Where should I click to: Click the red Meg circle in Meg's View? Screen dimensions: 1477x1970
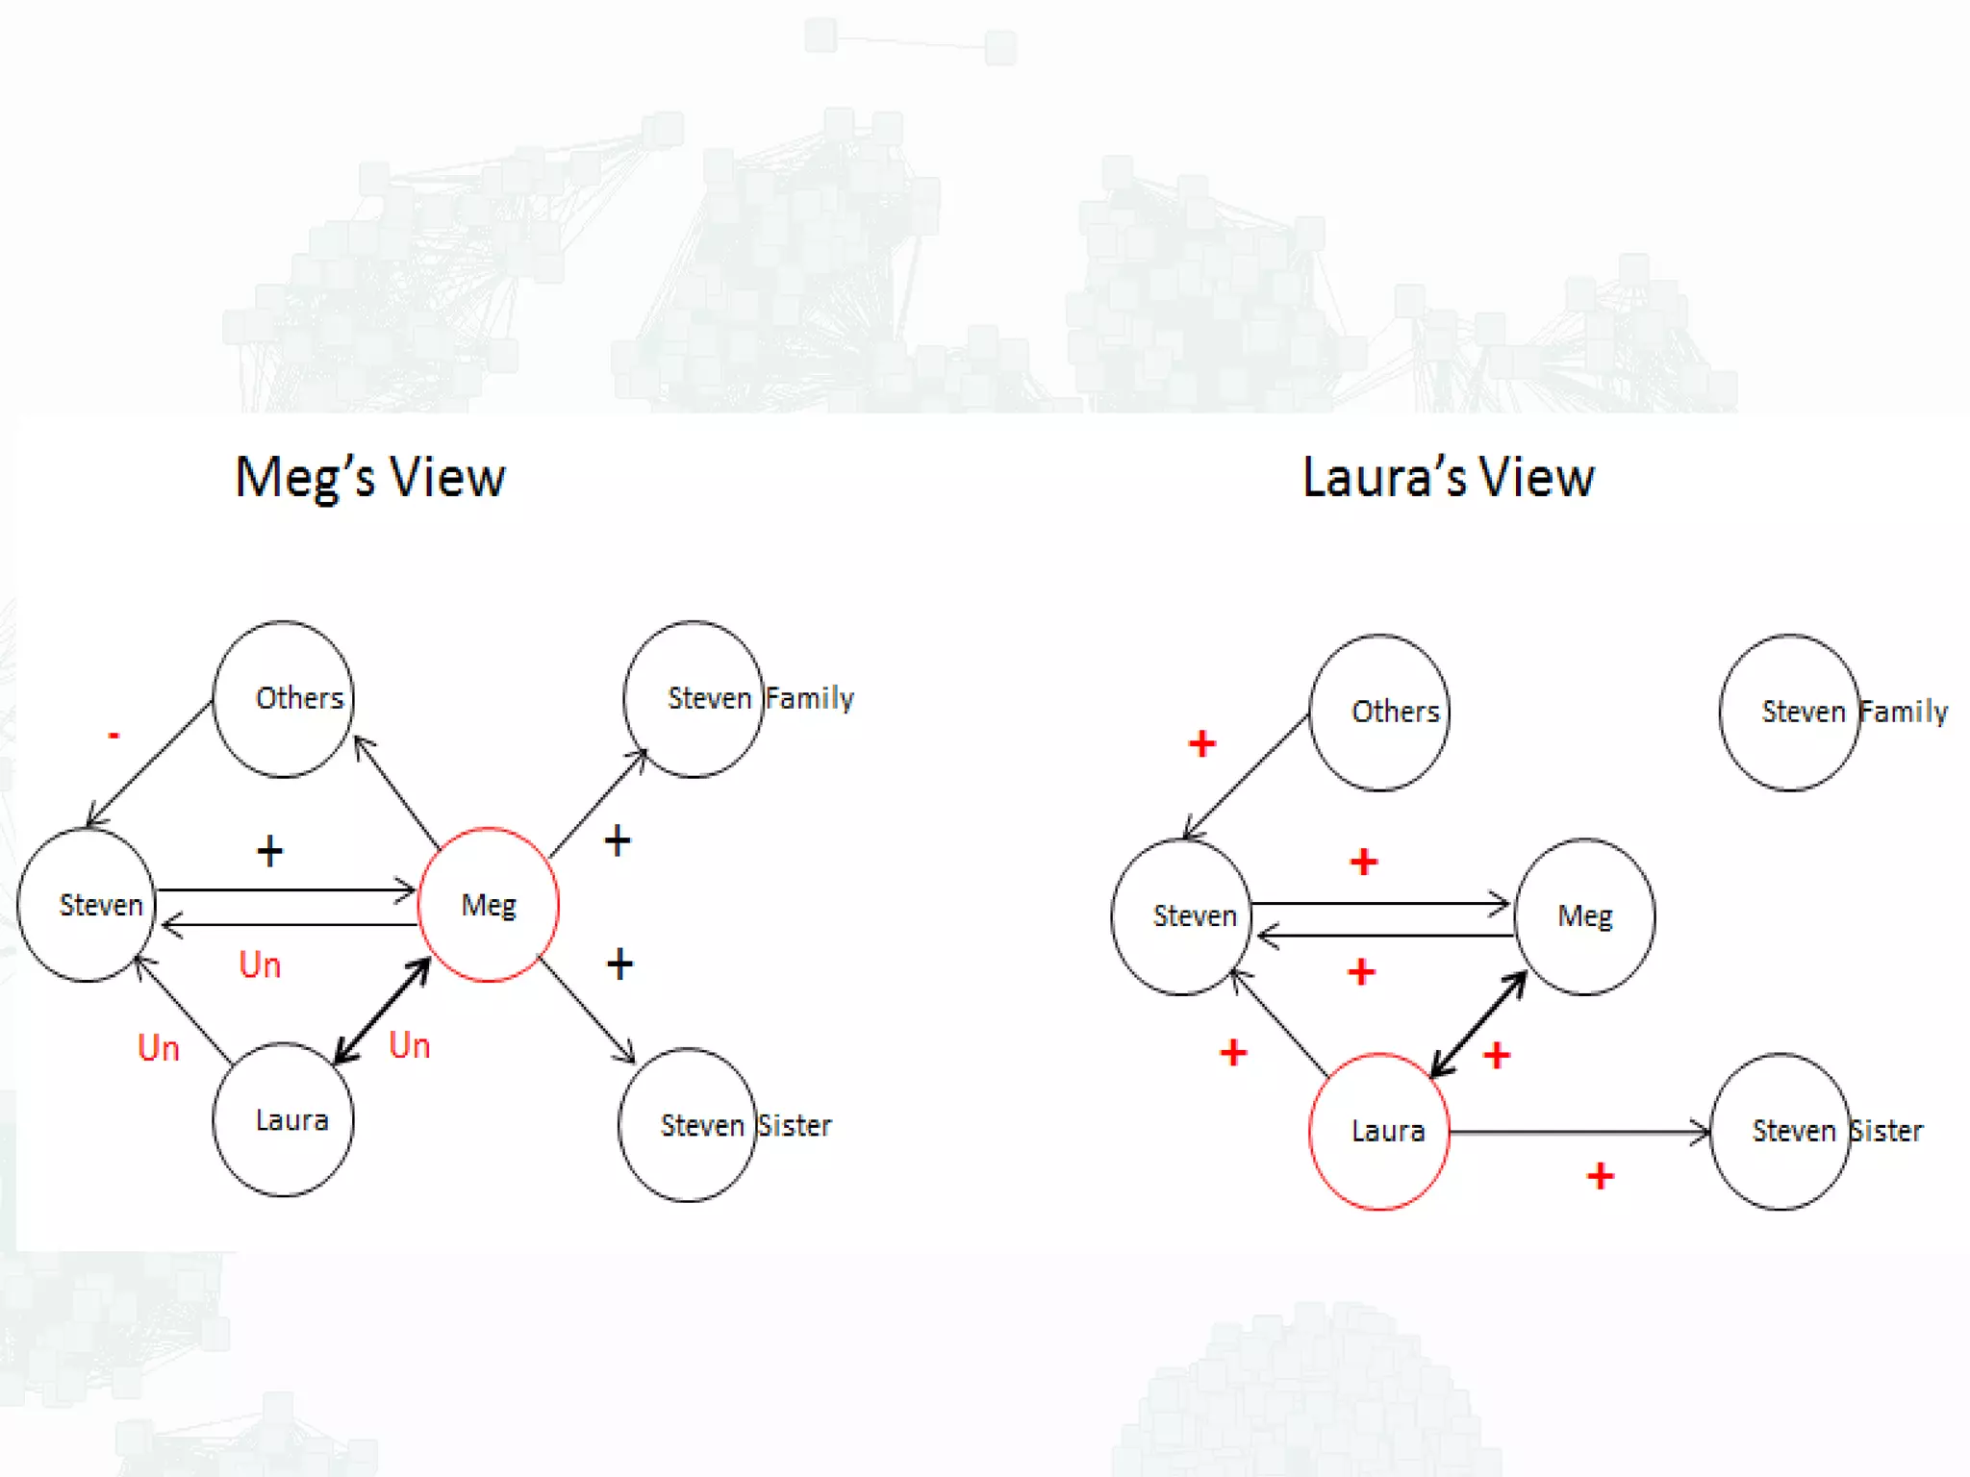pos(489,904)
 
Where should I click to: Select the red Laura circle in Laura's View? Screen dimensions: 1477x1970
pos(1379,1131)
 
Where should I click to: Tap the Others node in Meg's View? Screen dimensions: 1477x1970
pos(284,698)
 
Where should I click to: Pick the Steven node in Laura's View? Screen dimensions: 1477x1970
pos(1182,915)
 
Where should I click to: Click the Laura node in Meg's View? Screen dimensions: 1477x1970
pos(284,1120)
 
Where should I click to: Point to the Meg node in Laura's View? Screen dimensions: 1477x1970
pos(1584,915)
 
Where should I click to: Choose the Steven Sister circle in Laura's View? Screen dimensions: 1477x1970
pos(1781,1131)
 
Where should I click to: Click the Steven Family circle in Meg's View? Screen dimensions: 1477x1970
pos(694,698)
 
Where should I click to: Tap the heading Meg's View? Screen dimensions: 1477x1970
pos(370,477)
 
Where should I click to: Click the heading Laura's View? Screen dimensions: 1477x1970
pos(1448,477)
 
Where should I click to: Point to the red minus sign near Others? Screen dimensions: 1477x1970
pos(114,736)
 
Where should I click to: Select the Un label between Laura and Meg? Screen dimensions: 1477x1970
pos(409,1045)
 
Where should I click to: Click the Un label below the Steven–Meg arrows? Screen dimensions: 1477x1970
pos(260,964)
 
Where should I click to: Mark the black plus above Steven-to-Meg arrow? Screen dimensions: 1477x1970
pos(270,851)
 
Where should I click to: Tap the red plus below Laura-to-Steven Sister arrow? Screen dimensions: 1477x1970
pos(1601,1175)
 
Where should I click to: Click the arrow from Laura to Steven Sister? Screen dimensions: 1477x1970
pos(1578,1133)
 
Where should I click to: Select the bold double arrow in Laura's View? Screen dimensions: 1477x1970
pos(1478,1024)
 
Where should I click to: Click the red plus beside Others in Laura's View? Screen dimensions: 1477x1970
pos(1202,743)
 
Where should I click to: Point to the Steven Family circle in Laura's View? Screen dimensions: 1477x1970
pos(1789,712)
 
